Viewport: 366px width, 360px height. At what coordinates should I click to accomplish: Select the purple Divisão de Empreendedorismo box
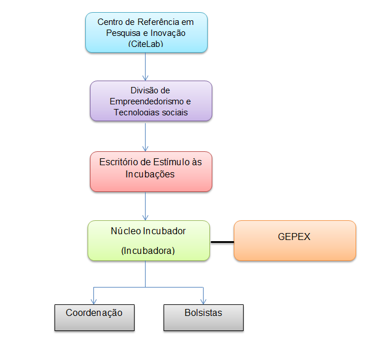point(151,100)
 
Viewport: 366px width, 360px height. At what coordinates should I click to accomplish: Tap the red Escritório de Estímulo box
point(151,171)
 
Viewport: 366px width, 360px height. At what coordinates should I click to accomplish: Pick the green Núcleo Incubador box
point(148,240)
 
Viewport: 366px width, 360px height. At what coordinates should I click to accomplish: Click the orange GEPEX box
point(295,240)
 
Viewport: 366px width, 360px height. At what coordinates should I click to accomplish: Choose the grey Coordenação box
point(94,317)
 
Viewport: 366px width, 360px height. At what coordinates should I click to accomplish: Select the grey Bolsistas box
point(203,317)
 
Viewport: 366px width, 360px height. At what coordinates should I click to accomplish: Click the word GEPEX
point(295,237)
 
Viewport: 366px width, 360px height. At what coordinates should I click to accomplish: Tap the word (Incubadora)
point(148,250)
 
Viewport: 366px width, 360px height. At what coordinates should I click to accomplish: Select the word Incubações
point(150,173)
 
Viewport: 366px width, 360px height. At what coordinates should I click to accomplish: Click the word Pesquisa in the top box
point(124,33)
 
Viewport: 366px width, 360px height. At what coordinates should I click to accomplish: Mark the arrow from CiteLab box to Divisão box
point(145,67)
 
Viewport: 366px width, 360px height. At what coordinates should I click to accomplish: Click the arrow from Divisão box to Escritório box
point(145,136)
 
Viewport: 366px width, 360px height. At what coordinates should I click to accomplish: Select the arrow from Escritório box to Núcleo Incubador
point(145,206)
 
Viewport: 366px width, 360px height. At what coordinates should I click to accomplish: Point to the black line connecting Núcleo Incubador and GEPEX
point(222,241)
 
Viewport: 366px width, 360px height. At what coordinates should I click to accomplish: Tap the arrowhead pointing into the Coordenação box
point(94,301)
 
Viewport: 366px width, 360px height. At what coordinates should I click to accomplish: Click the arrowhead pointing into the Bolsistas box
point(203,301)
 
